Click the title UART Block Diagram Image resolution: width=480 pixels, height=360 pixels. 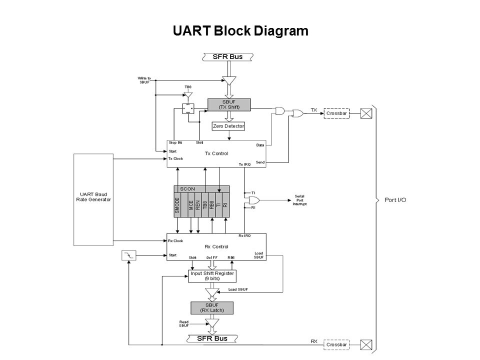coord(239,31)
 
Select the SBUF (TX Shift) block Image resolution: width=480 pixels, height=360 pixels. coord(228,104)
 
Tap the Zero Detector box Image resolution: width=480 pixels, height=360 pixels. coord(228,126)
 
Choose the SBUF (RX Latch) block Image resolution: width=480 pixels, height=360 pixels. coord(212,307)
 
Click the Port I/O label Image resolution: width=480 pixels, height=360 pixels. coord(395,200)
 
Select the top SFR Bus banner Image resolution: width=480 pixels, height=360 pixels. coord(228,56)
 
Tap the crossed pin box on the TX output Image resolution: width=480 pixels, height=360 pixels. coord(366,113)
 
